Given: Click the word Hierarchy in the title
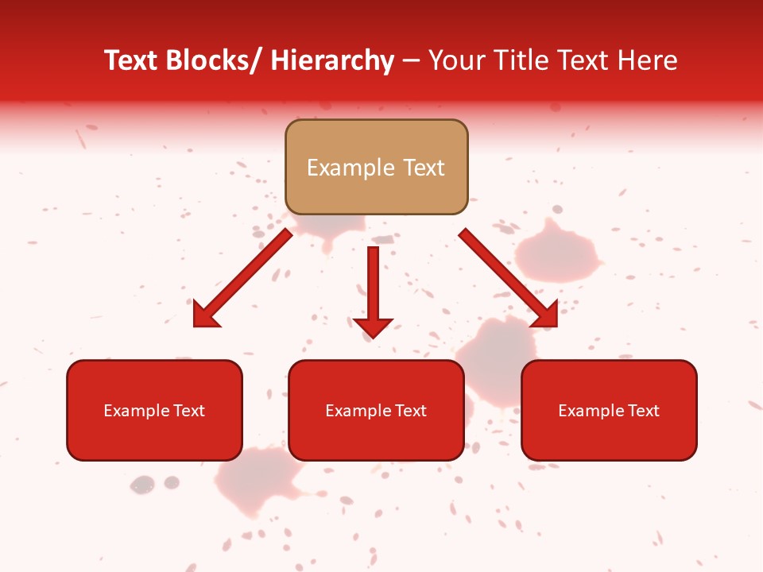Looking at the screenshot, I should coord(333,60).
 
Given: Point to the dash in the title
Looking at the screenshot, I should coord(411,60).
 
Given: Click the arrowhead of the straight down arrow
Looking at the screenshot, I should coord(373,327).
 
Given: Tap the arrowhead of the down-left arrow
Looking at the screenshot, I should coord(205,315).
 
